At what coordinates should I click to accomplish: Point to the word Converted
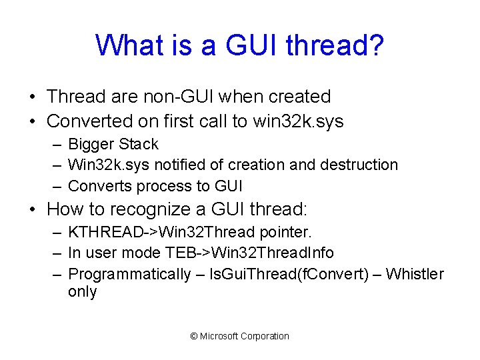point(90,121)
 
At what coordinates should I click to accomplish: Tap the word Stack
point(137,145)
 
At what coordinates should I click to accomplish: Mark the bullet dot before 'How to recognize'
point(33,210)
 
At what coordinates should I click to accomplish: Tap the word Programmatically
point(129,274)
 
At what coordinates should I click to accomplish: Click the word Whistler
point(415,274)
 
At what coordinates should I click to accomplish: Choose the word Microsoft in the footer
point(219,336)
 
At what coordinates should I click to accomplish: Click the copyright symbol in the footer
point(194,336)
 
